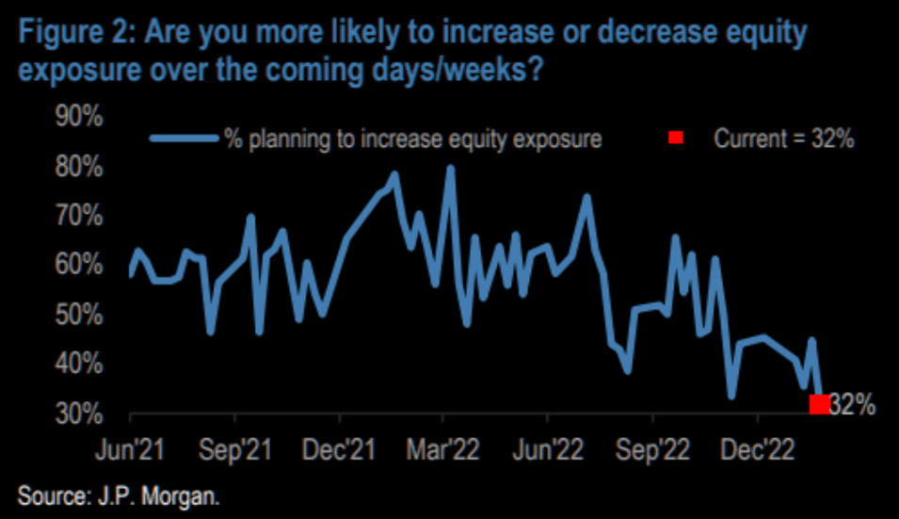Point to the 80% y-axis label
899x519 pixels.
pos(81,169)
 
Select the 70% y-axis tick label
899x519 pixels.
pos(81,217)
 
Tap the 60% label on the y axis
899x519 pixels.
pos(81,266)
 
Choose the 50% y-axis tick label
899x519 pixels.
pos(81,315)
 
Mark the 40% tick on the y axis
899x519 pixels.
pos(81,364)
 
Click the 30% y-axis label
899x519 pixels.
pos(81,413)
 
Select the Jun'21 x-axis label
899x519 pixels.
pos(130,448)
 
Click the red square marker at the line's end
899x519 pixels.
pos(819,404)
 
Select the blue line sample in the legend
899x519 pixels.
pos(184,139)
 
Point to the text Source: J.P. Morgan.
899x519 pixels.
pos(118,495)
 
